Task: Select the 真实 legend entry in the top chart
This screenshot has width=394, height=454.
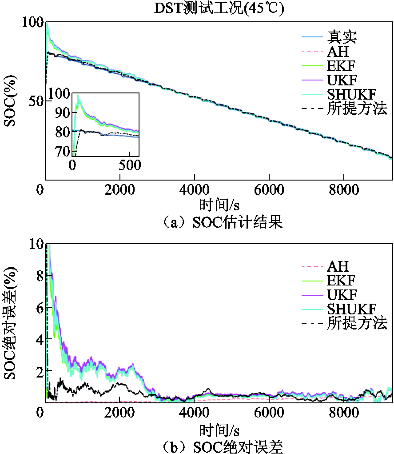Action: (342, 37)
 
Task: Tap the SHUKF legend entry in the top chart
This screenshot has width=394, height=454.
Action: (352, 94)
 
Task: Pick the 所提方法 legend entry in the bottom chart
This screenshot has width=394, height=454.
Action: (357, 323)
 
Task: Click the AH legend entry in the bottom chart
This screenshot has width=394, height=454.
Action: (338, 266)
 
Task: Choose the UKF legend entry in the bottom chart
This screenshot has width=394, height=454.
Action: (342, 294)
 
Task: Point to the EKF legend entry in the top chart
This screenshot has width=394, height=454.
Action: (342, 66)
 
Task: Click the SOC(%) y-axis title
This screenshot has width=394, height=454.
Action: (10, 101)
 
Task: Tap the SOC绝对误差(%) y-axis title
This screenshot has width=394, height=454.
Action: (10, 323)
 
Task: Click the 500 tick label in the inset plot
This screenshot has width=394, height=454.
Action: (130, 165)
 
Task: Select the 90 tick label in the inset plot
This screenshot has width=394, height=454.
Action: (62, 112)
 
